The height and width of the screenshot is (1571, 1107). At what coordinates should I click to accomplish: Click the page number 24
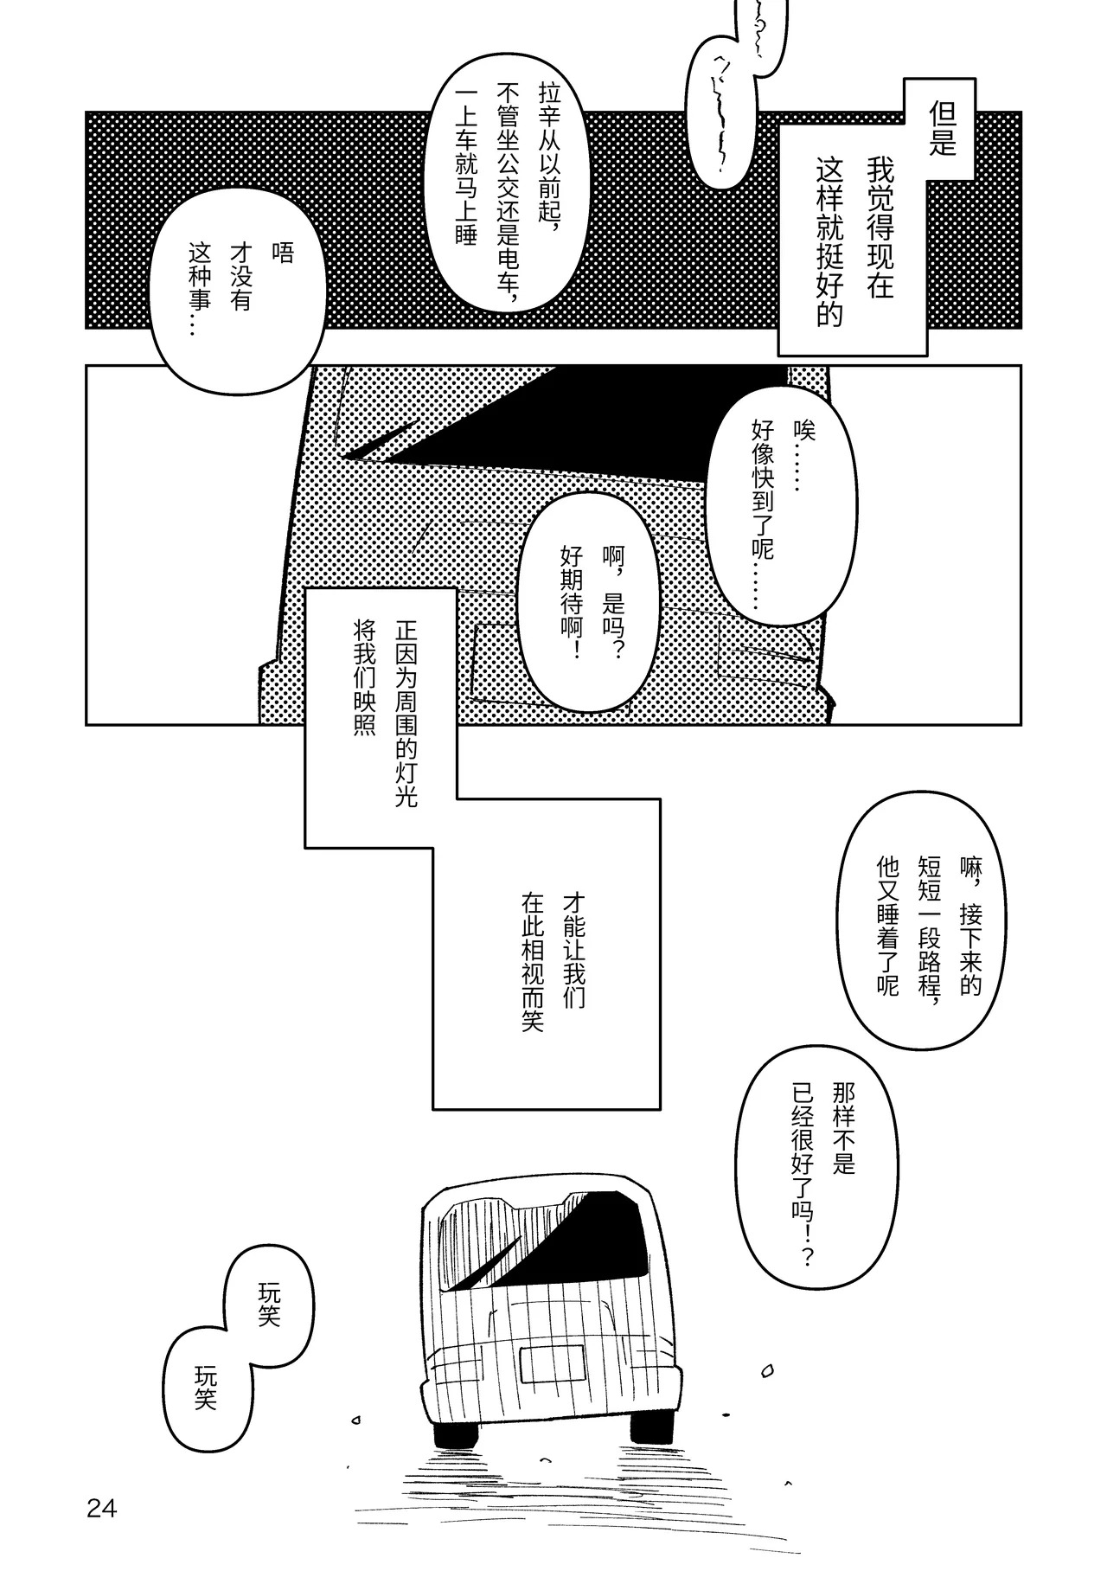point(101,1510)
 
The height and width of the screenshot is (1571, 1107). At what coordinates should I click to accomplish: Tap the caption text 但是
point(942,128)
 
